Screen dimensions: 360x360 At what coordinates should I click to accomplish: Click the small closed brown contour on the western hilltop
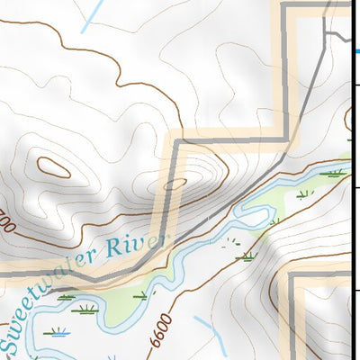click(x=54, y=166)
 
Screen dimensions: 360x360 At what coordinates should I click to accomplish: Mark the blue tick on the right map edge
click(x=355, y=52)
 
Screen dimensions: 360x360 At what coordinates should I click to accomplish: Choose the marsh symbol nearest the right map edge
click(x=335, y=171)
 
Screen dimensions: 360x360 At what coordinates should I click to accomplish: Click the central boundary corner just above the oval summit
click(x=176, y=139)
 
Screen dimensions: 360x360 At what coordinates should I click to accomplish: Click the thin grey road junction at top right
click(x=328, y=34)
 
